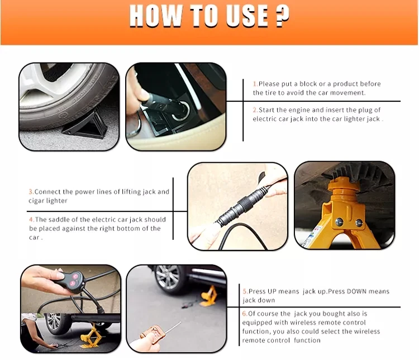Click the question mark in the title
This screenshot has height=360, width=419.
pyautogui.click(x=282, y=16)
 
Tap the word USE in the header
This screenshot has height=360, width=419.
pyautogui.click(x=247, y=16)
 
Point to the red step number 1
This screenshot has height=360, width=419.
pyautogui.click(x=255, y=84)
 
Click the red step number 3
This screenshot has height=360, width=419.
pyautogui.click(x=31, y=192)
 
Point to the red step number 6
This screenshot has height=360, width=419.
pyautogui.click(x=245, y=314)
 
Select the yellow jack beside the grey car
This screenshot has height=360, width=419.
pyautogui.click(x=209, y=296)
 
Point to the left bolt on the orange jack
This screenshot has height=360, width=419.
pyautogui.click(x=339, y=221)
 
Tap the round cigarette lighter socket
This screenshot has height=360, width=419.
pyautogui.click(x=180, y=111)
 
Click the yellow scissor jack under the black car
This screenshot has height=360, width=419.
pyautogui.click(x=92, y=336)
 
